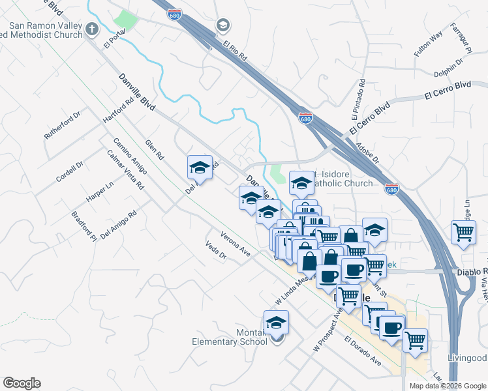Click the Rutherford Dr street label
coord(63,124)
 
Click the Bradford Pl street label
coord(84,225)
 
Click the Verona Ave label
coord(236,243)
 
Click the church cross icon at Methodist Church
coord(91,29)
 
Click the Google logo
coord(22,383)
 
